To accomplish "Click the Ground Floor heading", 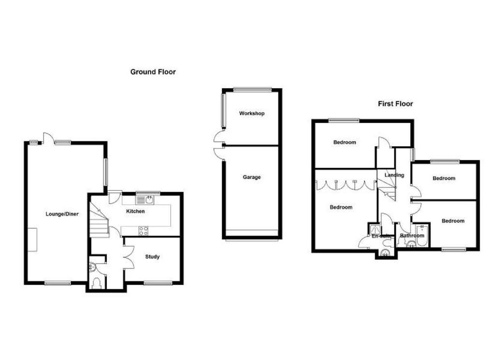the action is (x=153, y=72).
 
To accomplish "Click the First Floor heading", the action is (x=395, y=104).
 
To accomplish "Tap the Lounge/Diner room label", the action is (x=62, y=214).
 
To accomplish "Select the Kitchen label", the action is (x=135, y=211).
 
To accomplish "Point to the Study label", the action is (x=152, y=256).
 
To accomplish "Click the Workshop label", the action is (x=251, y=113).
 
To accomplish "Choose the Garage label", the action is (x=251, y=177).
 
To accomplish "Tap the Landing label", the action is (x=394, y=175).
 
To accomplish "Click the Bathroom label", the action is (x=412, y=236).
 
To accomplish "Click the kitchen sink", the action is (x=145, y=200).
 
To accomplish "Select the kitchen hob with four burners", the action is (x=143, y=231).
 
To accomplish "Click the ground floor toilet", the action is (x=97, y=283).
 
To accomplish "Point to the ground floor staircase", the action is (x=99, y=220).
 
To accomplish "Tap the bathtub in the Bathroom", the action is (x=422, y=236).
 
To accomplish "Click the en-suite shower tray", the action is (x=375, y=229).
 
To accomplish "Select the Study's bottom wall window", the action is (x=158, y=283).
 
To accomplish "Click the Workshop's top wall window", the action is (x=252, y=90).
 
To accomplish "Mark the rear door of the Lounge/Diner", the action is (x=48, y=138).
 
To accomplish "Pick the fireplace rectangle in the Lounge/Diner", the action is (x=32, y=240).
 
